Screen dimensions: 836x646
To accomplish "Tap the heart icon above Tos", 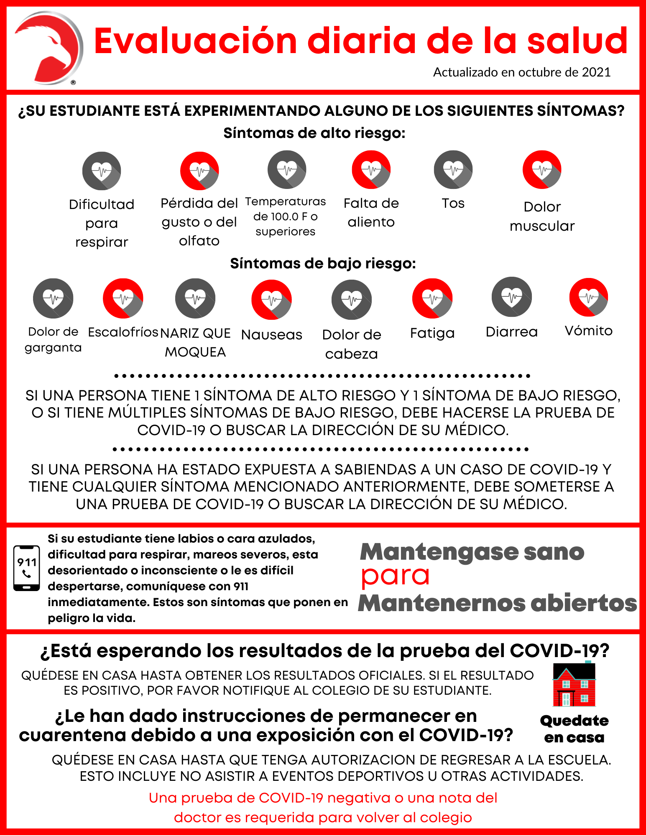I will (x=453, y=170).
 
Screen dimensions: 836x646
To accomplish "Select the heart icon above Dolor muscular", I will (x=542, y=170).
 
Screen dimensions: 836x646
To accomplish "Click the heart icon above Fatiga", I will (x=432, y=298).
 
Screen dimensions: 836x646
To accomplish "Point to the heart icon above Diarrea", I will (x=512, y=297).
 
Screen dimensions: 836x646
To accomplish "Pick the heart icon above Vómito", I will (x=589, y=297).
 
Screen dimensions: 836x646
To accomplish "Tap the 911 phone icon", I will (x=27, y=568).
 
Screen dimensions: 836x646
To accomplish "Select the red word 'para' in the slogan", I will (x=395, y=576).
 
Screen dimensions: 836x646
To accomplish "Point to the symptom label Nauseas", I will (x=272, y=335).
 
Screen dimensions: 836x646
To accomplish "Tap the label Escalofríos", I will (x=123, y=332).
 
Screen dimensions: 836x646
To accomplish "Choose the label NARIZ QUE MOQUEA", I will (x=195, y=342).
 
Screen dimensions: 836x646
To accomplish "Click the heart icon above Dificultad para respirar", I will (x=102, y=171).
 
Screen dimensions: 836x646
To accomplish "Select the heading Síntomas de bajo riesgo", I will (x=323, y=263).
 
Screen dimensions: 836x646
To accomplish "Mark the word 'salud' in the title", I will (x=577, y=41).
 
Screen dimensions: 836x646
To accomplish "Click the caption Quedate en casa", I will (x=574, y=729).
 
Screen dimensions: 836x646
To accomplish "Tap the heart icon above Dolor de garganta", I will (x=53, y=298).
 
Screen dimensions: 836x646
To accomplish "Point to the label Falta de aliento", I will (x=371, y=212).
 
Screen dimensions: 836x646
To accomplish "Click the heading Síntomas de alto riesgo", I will (x=314, y=133).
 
